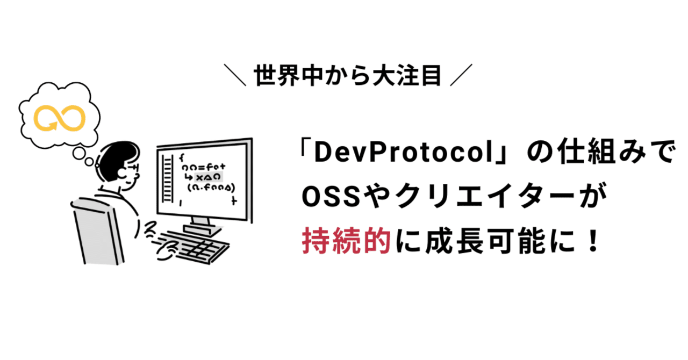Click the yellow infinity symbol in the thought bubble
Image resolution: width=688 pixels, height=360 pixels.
click(x=60, y=118)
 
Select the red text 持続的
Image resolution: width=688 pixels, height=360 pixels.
click(x=346, y=239)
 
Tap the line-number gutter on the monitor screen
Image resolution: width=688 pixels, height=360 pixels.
click(x=168, y=179)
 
